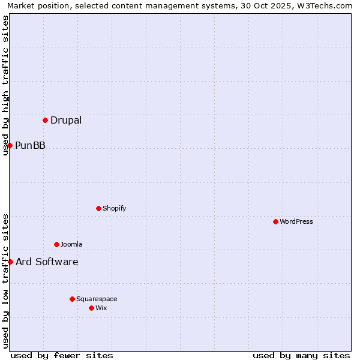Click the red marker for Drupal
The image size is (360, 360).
(x=45, y=120)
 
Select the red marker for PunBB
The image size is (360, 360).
(x=10, y=145)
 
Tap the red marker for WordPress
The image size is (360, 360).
(x=275, y=221)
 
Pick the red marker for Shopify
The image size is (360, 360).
(x=98, y=208)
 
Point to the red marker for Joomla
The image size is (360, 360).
(x=56, y=244)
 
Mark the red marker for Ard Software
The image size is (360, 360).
(x=10, y=262)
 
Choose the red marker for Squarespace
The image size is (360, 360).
(x=72, y=299)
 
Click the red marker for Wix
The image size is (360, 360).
(x=91, y=308)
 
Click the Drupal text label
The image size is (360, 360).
(x=66, y=121)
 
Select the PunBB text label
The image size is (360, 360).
(x=30, y=146)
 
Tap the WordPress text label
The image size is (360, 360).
(x=296, y=222)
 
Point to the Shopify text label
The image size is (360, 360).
(x=115, y=209)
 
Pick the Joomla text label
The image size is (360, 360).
(x=71, y=245)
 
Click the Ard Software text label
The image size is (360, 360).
(x=47, y=262)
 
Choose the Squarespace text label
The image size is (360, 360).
(x=97, y=299)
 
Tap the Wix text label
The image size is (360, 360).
(x=101, y=308)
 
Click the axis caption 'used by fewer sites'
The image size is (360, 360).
(x=62, y=355)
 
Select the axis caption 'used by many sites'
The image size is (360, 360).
(x=301, y=355)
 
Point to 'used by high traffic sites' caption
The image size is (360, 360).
(x=6, y=85)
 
